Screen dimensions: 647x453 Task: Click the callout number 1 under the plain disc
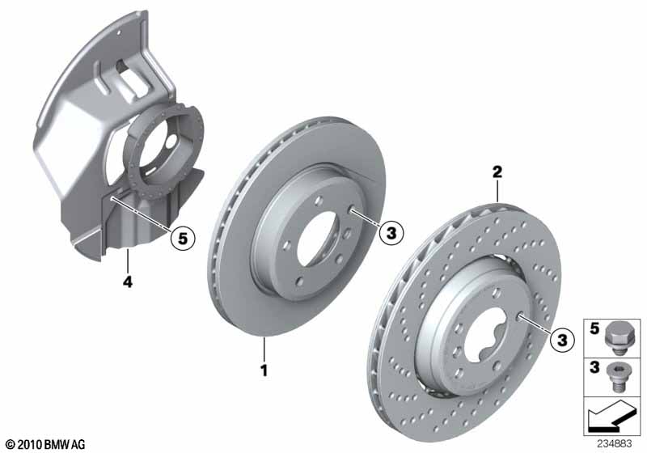pyautogui.click(x=264, y=370)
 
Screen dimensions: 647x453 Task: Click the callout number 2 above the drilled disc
pyautogui.click(x=497, y=172)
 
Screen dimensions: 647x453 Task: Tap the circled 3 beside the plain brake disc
pyautogui.click(x=391, y=233)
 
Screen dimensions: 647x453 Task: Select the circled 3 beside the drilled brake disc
pyautogui.click(x=562, y=340)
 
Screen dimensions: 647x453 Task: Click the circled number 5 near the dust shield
pyautogui.click(x=182, y=238)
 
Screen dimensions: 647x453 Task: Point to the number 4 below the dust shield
pyautogui.click(x=128, y=282)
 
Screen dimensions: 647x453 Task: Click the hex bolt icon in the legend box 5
pyautogui.click(x=616, y=337)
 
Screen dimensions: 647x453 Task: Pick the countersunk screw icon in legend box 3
pyautogui.click(x=615, y=378)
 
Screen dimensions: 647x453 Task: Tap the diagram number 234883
pyautogui.click(x=614, y=444)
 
